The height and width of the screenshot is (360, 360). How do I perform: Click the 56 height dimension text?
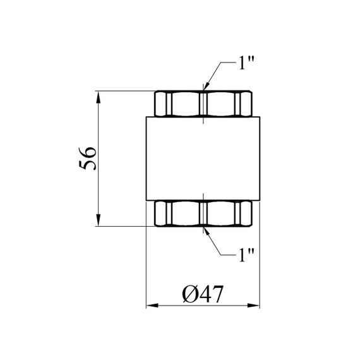point(87,159)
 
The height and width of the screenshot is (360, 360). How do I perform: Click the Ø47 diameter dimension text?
point(203,294)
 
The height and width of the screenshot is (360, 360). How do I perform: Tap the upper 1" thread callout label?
point(246,63)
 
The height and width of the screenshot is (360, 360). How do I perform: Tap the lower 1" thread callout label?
point(246,255)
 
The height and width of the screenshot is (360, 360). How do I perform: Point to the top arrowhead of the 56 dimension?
point(99,97)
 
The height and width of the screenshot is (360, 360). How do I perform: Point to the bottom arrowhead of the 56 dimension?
point(99,220)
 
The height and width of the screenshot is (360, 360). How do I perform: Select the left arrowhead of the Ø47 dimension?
point(152,306)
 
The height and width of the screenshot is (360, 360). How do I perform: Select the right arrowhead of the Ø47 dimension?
point(254,306)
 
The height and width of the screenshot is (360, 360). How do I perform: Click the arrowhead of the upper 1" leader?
point(206,86)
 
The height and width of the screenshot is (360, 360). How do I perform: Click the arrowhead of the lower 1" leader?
point(207,231)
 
